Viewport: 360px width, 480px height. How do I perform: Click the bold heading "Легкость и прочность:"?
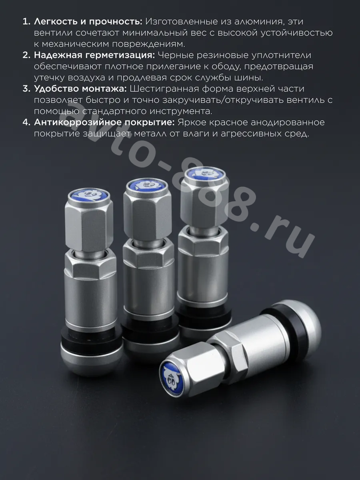[88, 22]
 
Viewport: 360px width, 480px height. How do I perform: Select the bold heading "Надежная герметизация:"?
[94, 55]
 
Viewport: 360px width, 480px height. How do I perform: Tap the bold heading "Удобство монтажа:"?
[80, 89]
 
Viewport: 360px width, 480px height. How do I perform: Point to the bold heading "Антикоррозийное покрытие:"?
[105, 122]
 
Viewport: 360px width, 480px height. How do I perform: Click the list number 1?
[26, 22]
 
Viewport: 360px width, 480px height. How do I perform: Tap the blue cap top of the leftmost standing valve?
[89, 195]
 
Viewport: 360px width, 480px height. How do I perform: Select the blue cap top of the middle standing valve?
[147, 185]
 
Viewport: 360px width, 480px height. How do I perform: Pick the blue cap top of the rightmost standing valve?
[205, 173]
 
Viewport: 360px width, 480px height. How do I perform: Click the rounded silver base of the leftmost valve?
[92, 361]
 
